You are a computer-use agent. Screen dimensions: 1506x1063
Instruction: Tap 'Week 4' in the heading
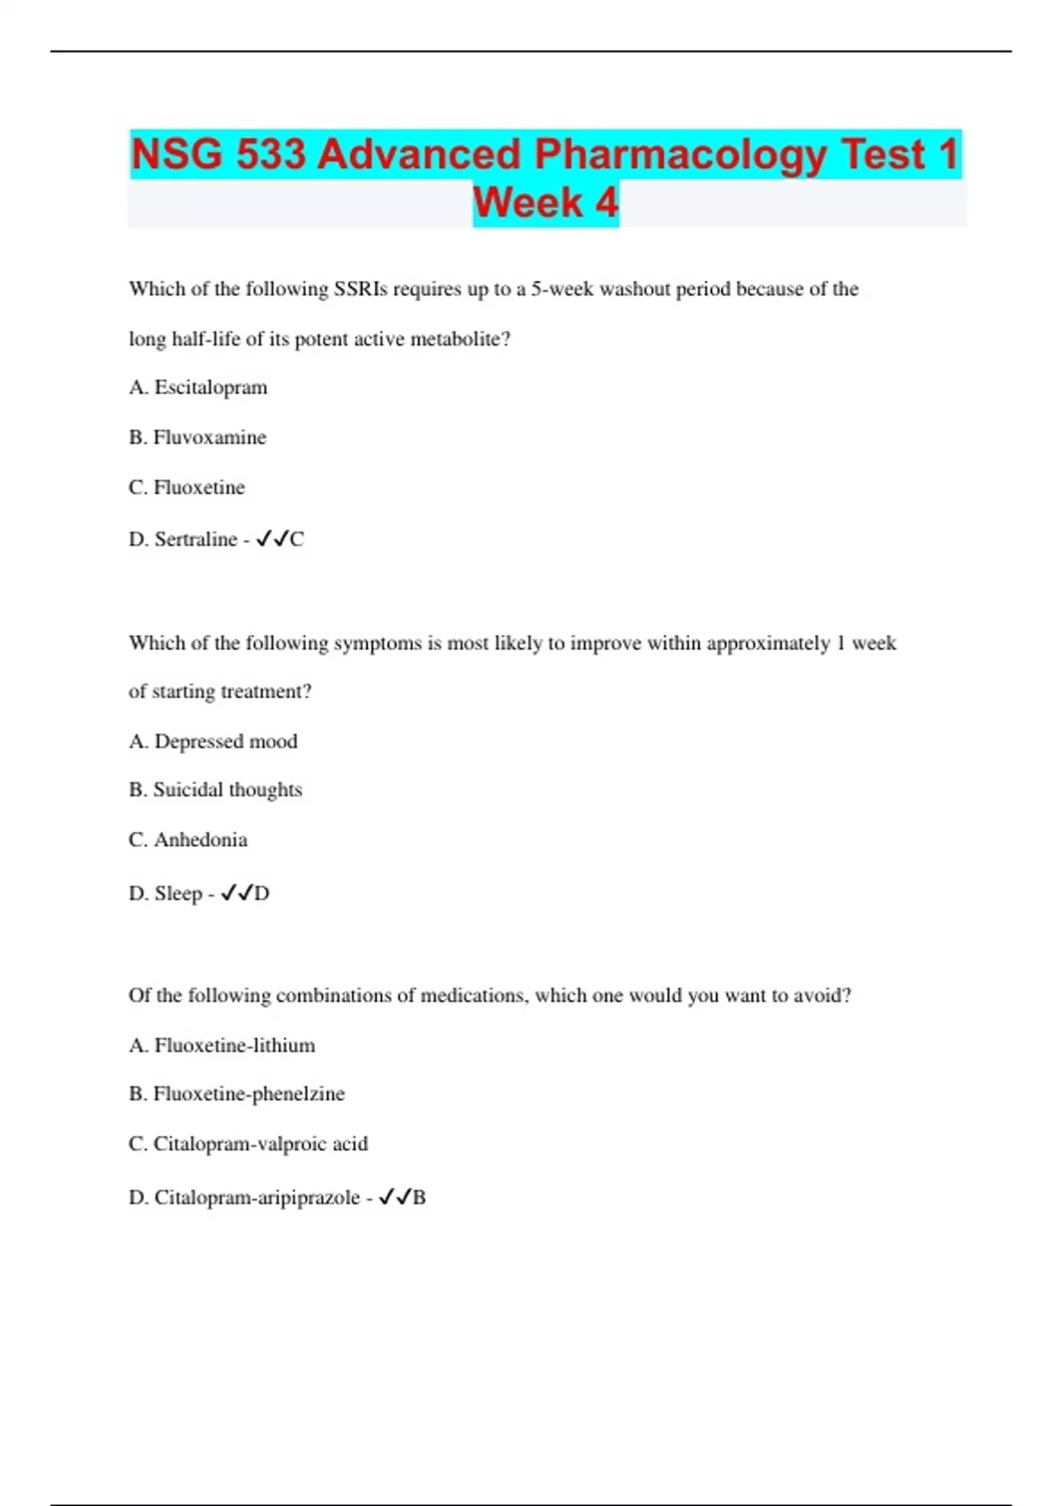coord(546,203)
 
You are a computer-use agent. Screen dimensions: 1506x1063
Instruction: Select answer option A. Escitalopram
coord(198,387)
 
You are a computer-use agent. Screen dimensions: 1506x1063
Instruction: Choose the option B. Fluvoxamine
coord(198,437)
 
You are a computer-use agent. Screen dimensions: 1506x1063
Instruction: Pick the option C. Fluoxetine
coord(187,487)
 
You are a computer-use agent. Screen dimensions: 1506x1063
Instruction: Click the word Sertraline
coord(196,539)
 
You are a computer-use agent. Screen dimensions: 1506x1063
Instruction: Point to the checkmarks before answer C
coord(272,539)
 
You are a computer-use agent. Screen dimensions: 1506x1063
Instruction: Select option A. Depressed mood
coord(213,741)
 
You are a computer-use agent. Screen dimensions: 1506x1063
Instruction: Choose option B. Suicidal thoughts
coord(215,789)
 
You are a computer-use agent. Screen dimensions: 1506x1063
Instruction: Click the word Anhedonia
coord(200,840)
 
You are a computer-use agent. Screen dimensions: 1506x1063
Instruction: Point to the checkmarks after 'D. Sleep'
coord(237,893)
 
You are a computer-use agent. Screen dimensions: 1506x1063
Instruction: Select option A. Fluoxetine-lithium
coord(221,1045)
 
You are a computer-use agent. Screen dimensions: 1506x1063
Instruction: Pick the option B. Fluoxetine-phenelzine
coord(237,1094)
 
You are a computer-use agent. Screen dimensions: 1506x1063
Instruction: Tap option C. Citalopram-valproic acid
coord(248,1144)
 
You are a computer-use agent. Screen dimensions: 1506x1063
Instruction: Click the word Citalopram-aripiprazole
coord(257,1198)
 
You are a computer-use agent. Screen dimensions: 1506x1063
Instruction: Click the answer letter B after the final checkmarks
coord(420,1198)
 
